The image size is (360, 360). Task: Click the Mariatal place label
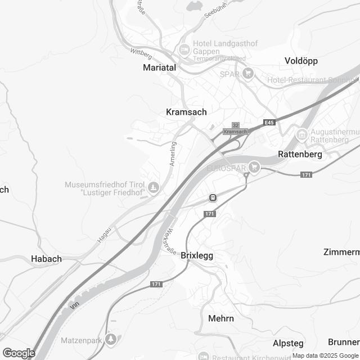(159, 67)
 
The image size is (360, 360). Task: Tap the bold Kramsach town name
(186, 112)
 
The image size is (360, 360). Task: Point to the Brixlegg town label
(197, 255)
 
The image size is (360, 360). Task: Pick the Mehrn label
(221, 318)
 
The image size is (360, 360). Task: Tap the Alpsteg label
(288, 343)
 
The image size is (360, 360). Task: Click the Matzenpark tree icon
(112, 339)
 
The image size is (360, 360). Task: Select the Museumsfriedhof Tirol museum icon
(152, 187)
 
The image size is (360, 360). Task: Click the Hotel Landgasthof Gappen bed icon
(183, 50)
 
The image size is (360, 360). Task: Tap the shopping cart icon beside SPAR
(248, 74)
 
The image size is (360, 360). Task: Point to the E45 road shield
(269, 123)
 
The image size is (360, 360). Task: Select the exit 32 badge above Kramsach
(236, 125)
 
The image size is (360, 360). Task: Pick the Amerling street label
(174, 153)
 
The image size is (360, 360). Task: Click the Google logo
(19, 353)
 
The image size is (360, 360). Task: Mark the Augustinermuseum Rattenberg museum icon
(301, 135)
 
